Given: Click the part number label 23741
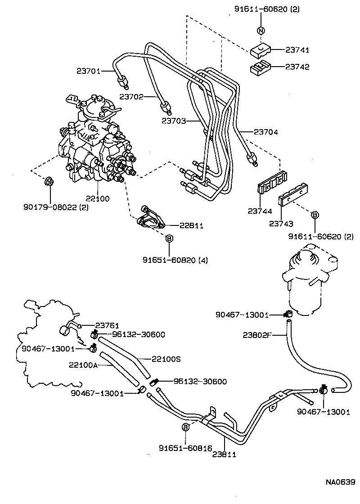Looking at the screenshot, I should [297, 49].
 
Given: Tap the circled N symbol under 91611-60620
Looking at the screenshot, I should [261, 31].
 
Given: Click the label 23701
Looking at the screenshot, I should [88, 70].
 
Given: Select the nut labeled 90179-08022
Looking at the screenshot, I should [49, 182].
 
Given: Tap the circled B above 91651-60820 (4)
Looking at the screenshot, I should [169, 238].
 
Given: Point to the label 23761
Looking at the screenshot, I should [106, 325].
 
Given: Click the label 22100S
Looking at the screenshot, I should [166, 359].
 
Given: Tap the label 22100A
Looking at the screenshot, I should [83, 365].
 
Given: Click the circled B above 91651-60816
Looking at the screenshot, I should [185, 427].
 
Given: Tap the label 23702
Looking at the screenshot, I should [132, 96].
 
